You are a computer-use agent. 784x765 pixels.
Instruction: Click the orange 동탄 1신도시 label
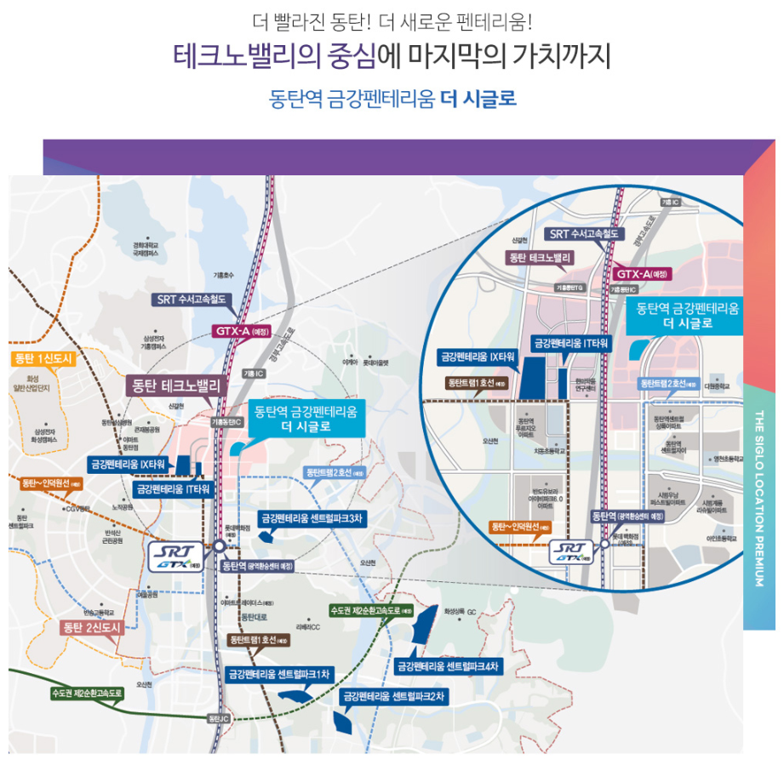[45, 358]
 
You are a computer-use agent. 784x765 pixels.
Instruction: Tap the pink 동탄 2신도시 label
[93, 628]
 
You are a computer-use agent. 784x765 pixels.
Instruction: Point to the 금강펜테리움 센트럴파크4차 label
[447, 665]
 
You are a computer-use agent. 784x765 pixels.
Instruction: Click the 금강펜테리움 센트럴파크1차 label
[279, 673]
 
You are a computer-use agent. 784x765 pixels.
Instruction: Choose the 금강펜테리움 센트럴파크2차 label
[394, 696]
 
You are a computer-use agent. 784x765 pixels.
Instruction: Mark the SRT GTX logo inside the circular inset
[571, 552]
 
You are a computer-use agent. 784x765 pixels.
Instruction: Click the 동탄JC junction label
[219, 719]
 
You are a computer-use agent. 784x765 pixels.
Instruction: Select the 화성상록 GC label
[461, 611]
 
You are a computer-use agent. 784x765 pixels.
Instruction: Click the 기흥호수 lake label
[223, 275]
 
